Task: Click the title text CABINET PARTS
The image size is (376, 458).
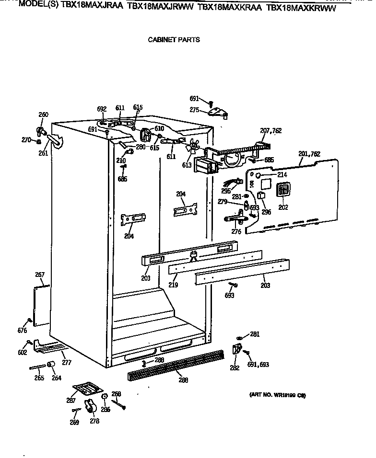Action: pyautogui.click(x=174, y=40)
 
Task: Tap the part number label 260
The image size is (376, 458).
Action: pyautogui.click(x=43, y=114)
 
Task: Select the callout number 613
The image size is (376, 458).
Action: pyautogui.click(x=186, y=165)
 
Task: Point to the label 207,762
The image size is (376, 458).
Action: pyautogui.click(x=270, y=130)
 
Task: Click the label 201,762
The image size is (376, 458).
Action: pyautogui.click(x=309, y=154)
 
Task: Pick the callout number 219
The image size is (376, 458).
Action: pyautogui.click(x=173, y=285)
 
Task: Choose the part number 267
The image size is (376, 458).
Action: pyautogui.click(x=39, y=275)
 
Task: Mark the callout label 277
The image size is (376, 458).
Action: pyautogui.click(x=66, y=363)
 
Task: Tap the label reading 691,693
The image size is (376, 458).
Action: pyautogui.click(x=258, y=365)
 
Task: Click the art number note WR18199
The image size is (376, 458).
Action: pyautogui.click(x=277, y=395)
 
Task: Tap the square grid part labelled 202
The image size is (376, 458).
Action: pyautogui.click(x=283, y=190)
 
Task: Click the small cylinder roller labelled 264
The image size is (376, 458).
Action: pyautogui.click(x=50, y=366)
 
